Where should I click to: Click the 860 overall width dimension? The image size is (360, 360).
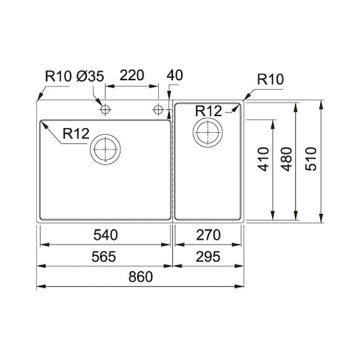[x=140, y=277]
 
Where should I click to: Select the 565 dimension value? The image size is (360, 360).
[x=104, y=257]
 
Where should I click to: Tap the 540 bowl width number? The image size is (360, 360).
[x=106, y=235]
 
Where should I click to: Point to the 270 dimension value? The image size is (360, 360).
[x=208, y=235]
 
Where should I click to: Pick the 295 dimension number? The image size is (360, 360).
[x=208, y=257]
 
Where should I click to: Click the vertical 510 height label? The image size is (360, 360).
[x=311, y=159]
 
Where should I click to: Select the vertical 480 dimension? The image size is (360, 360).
[x=287, y=159]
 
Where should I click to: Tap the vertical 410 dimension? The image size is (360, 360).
[x=263, y=159]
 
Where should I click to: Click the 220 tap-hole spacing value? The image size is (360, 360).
[x=132, y=76]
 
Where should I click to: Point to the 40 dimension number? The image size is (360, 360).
[x=175, y=76]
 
